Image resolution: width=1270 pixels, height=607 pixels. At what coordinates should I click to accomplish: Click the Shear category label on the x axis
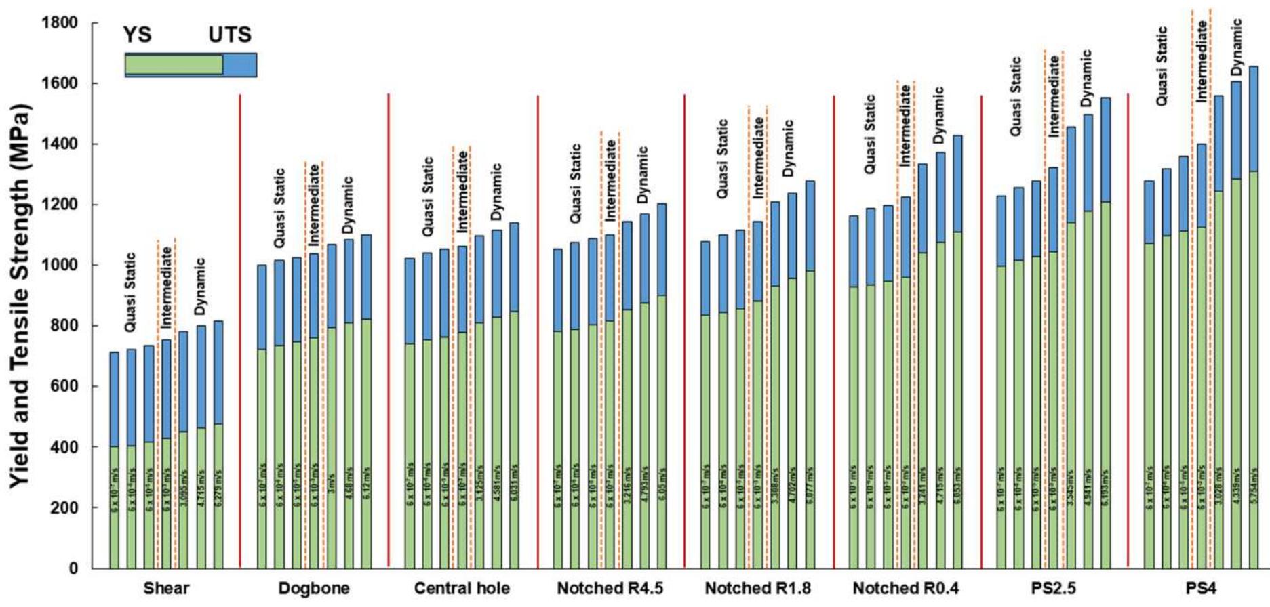click(x=166, y=589)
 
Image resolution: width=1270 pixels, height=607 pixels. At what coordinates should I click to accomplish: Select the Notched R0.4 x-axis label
click(x=905, y=589)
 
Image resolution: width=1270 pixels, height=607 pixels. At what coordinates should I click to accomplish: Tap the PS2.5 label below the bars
click(x=1053, y=589)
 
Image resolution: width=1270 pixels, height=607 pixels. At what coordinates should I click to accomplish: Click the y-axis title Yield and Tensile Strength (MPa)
click(x=22, y=296)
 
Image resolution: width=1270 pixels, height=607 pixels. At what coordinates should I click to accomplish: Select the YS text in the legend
click(x=138, y=35)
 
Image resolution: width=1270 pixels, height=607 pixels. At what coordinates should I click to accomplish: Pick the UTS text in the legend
click(x=230, y=35)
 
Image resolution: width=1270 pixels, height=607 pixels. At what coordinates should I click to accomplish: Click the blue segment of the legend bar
click(x=239, y=65)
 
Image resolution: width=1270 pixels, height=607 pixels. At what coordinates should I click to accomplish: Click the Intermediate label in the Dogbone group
click(x=315, y=198)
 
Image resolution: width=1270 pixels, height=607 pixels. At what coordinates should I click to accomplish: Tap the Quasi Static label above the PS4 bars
click(x=1162, y=66)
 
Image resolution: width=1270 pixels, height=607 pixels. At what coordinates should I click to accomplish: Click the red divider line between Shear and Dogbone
click(x=240, y=331)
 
